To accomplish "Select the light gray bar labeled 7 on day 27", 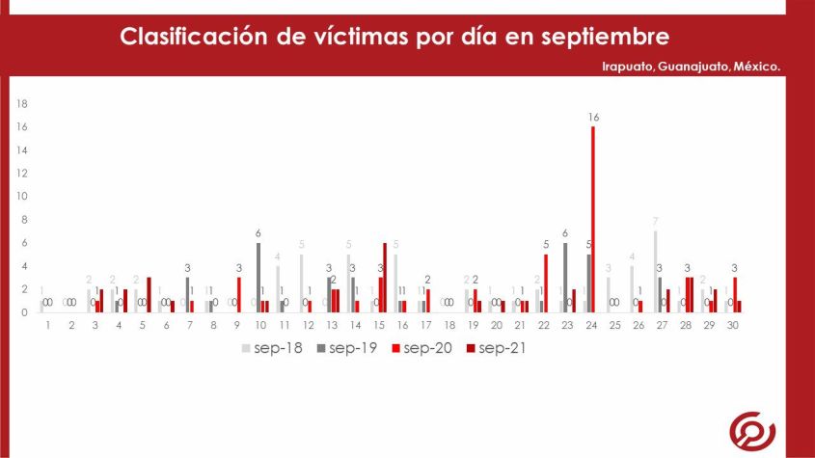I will click(655, 272).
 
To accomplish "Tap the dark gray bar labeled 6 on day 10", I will click(258, 278).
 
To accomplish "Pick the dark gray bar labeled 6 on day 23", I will click(565, 278).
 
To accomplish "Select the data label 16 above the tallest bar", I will click(593, 117).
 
